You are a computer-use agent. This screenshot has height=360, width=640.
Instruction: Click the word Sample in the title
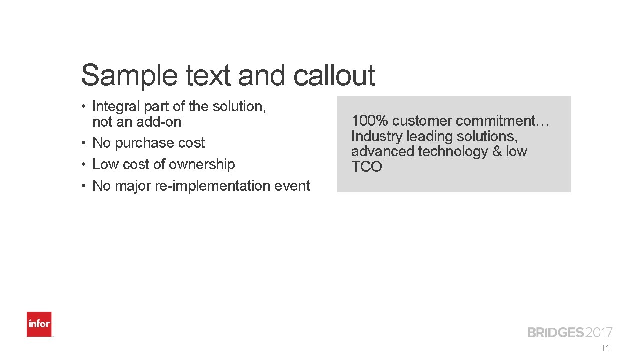tap(128, 76)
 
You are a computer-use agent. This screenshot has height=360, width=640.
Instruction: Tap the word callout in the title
tap(334, 76)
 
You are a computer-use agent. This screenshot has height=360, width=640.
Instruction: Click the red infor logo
tap(39, 324)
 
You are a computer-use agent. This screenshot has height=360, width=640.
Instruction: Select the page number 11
tap(606, 348)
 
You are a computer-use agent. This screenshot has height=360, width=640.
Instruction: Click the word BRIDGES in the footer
tap(555, 333)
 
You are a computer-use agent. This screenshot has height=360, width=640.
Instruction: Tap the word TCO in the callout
tap(366, 167)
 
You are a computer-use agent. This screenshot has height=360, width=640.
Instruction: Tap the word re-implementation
tap(210, 186)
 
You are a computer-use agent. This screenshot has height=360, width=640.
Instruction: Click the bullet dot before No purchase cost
tap(86, 143)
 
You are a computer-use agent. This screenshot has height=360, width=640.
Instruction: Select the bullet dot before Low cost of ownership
tap(86, 165)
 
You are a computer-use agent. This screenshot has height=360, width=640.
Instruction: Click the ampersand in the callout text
tap(497, 151)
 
